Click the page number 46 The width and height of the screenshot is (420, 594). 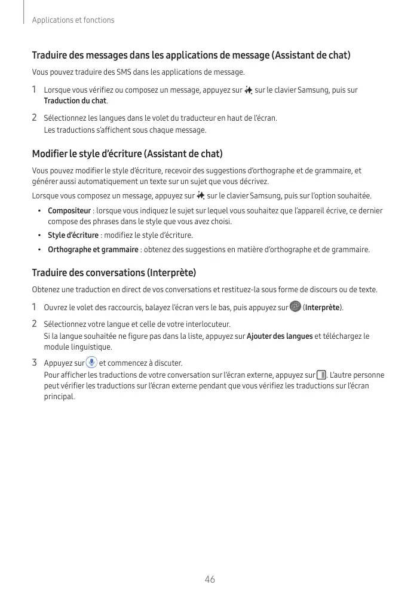point(210,579)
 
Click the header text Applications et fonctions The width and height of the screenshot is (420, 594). point(73,20)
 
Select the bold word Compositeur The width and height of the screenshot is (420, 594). point(69,211)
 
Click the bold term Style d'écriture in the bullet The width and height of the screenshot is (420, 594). point(73,235)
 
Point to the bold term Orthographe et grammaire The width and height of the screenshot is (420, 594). point(93,249)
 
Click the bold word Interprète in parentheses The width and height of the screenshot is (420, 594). point(323,308)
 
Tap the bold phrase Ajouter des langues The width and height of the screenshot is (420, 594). point(280,336)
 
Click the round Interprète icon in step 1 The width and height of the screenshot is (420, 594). point(295,307)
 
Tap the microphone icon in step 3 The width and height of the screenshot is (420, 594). point(91,362)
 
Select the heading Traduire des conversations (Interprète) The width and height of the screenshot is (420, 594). point(114,273)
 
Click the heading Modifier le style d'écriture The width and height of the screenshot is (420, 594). point(127,154)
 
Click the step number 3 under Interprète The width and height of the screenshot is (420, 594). point(35,363)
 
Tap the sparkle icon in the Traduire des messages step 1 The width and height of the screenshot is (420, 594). point(249,90)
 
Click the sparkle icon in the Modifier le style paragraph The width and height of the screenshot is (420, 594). point(201,196)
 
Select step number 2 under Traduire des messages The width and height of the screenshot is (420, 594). point(35,118)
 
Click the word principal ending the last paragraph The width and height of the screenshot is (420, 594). point(60,396)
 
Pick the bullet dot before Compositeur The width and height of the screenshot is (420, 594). point(39,211)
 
